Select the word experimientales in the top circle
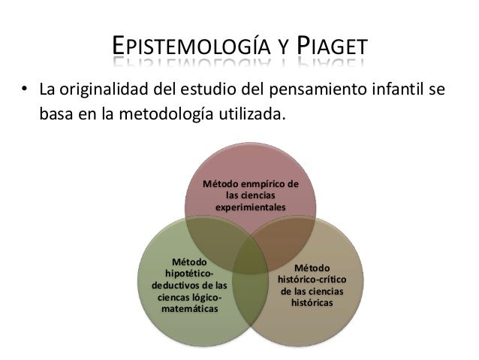[x=251, y=205]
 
